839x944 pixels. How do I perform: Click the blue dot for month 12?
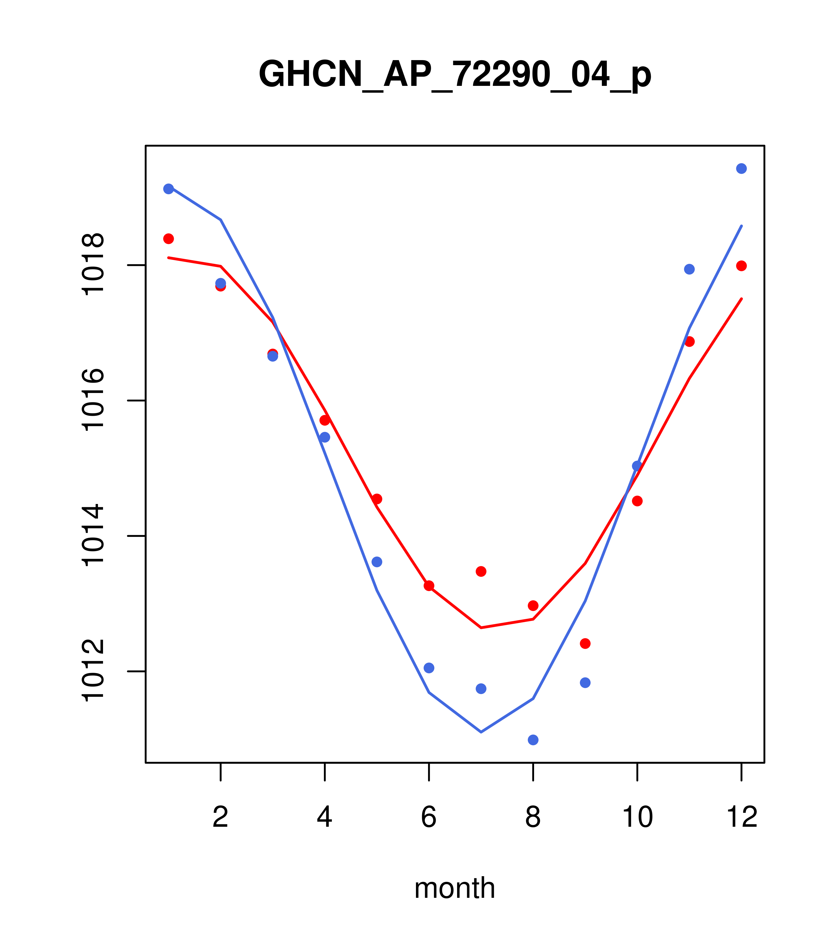pyautogui.click(x=742, y=168)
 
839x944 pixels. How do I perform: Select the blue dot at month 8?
pyautogui.click(x=533, y=740)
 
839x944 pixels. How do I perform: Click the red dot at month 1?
pyautogui.click(x=168, y=239)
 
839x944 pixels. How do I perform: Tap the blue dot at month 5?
pyautogui.click(x=377, y=562)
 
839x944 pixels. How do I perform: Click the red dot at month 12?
pyautogui.click(x=742, y=266)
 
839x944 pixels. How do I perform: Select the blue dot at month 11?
pyautogui.click(x=689, y=269)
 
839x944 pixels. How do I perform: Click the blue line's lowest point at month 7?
pyautogui.click(x=481, y=732)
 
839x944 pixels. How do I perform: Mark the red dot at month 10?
pyautogui.click(x=637, y=501)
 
